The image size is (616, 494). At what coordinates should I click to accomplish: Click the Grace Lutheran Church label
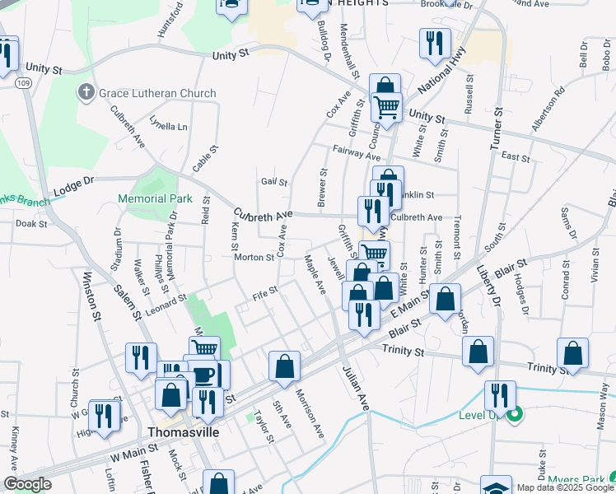(157, 93)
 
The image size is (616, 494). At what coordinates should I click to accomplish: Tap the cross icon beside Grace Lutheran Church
(86, 92)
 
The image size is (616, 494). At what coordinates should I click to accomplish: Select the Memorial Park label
(155, 198)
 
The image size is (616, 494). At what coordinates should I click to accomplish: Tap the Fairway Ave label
(357, 151)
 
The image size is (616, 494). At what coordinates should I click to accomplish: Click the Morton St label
(254, 257)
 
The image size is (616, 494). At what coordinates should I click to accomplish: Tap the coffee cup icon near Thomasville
(204, 375)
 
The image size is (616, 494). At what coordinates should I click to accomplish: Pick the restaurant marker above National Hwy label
(435, 44)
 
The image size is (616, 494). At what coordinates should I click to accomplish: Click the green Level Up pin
(516, 415)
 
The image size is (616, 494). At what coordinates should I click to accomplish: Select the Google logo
(27, 485)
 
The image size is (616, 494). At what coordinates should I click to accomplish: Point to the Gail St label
(274, 183)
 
